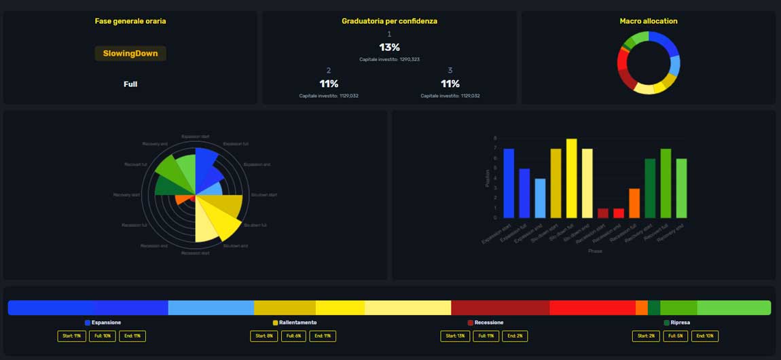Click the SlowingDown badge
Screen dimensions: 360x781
point(130,53)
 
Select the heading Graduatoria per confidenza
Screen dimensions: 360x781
point(389,21)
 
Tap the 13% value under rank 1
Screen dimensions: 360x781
point(389,48)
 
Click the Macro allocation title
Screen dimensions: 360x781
point(648,21)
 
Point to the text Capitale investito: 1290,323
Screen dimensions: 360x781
point(389,60)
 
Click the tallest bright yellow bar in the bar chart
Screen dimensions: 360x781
point(571,178)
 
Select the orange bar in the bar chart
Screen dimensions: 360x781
point(634,203)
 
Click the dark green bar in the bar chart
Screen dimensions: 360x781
point(650,188)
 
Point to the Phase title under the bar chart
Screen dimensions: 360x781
point(595,251)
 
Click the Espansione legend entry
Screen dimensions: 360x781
point(103,323)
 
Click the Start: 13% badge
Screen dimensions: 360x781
point(454,336)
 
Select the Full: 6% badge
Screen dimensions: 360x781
point(292,336)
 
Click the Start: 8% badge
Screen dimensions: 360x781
point(264,336)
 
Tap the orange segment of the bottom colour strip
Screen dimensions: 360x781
point(641,308)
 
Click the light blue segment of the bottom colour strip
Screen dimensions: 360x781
point(211,308)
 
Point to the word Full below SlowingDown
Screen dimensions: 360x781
point(130,84)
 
